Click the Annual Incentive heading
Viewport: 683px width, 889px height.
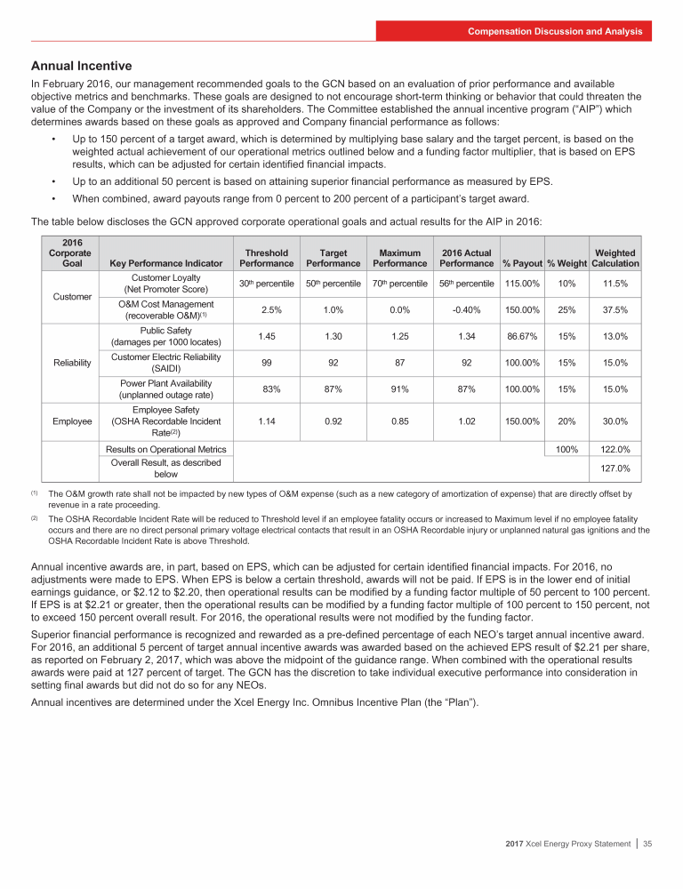81,66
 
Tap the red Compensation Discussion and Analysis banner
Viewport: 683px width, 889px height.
556,31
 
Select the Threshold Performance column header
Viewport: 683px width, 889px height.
263,258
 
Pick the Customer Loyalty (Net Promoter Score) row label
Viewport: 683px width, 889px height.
166,283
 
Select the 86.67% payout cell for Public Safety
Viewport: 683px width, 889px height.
521,336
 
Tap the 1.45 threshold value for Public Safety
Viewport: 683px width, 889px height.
263,336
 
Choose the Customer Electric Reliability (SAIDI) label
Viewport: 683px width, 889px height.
166,363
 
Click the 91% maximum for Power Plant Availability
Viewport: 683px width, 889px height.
399,389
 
